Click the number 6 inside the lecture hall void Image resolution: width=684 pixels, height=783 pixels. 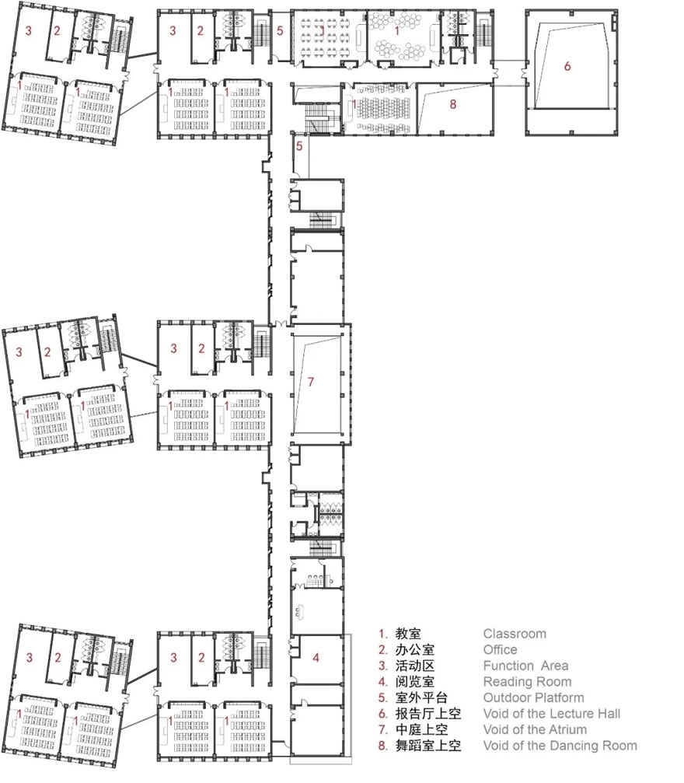[567, 66]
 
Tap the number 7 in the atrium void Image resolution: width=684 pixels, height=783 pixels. [311, 382]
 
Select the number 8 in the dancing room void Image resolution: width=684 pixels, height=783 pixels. [453, 104]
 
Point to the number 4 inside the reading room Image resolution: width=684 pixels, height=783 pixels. [316, 658]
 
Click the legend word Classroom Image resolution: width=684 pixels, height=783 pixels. [515, 634]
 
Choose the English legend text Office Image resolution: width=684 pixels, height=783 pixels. [500, 650]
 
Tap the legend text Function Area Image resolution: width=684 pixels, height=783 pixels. [525, 666]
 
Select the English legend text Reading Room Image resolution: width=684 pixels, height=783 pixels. [527, 682]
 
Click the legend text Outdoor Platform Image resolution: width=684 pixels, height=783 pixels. [533, 697]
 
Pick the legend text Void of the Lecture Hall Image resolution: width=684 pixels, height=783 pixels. [552, 714]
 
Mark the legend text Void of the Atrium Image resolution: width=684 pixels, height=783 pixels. [535, 729]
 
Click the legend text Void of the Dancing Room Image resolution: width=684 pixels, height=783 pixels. [560, 746]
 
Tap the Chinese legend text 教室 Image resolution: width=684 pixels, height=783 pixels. [408, 634]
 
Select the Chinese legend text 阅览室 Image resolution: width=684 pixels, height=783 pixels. [414, 682]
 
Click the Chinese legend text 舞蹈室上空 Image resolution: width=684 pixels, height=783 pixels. [427, 746]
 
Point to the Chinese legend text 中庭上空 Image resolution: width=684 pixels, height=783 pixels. [421, 729]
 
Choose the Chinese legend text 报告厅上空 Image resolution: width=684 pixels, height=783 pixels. [427, 714]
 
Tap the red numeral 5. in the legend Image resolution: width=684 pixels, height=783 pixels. [383, 697]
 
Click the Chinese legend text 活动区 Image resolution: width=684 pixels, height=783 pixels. [414, 666]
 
